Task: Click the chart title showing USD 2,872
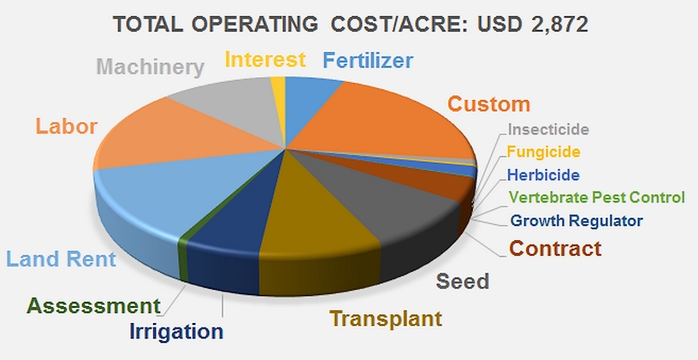coord(350,25)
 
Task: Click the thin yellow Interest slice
coord(278,89)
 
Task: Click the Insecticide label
coord(548,130)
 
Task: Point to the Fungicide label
coord(543,152)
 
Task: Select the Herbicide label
coord(543,175)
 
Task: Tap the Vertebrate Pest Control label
coord(596,197)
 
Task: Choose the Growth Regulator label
coord(576,220)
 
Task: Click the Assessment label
coord(93,306)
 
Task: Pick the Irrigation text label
coord(177,332)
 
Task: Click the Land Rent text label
coord(61,259)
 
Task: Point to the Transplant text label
coord(385,319)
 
